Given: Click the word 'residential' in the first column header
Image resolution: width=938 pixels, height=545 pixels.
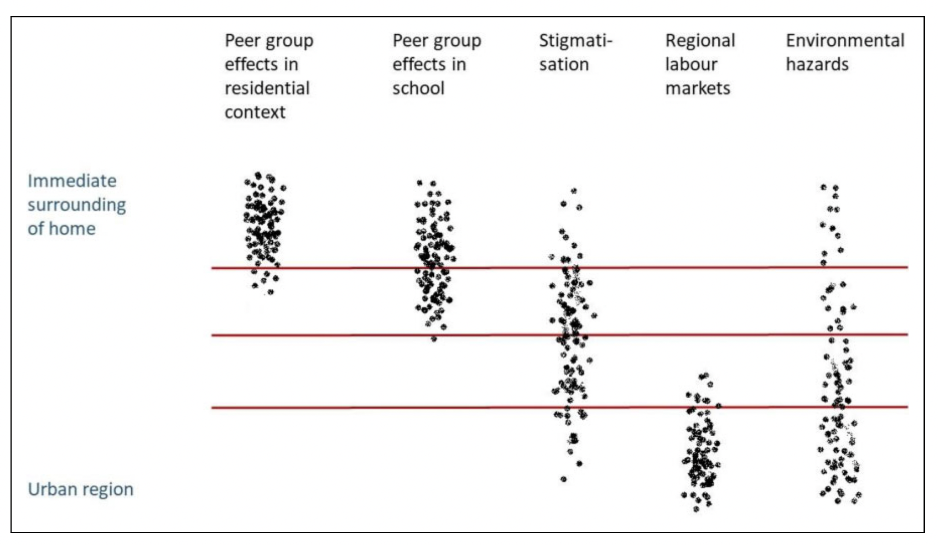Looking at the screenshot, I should coord(267,88).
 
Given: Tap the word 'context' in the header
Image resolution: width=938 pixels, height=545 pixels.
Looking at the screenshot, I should coord(255,112).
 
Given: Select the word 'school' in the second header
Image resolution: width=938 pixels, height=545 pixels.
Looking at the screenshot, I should coord(418,88).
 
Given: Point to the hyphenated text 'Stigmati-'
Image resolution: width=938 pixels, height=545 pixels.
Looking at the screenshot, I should coord(575,41).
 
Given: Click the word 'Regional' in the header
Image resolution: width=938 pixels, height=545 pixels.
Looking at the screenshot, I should coord(700,41).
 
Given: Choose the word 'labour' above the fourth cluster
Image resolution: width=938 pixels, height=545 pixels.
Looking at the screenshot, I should coord(691,64).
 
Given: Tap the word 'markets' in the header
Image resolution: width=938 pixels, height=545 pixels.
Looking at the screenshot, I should coord(697,88).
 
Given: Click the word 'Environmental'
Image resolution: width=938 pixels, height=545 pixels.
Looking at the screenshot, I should coord(845,41).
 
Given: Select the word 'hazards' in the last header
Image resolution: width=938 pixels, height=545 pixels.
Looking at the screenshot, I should coord(817,64).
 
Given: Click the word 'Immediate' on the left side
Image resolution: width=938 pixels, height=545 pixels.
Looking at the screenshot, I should coord(72,181).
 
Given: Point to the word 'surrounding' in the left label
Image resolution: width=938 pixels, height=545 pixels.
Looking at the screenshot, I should coord(76,205).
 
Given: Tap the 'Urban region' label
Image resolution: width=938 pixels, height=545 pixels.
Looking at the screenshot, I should coord(81,489).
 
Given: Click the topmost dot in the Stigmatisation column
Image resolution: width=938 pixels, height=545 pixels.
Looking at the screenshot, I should coord(574,191).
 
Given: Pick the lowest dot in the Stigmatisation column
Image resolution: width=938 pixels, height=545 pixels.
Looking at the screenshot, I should coord(564,479).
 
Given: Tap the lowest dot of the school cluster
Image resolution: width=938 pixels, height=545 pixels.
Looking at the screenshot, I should coord(434,339).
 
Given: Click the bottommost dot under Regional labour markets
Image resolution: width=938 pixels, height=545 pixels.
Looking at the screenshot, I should coord(696,509).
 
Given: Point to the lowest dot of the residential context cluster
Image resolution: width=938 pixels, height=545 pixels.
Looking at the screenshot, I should coord(270,292).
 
